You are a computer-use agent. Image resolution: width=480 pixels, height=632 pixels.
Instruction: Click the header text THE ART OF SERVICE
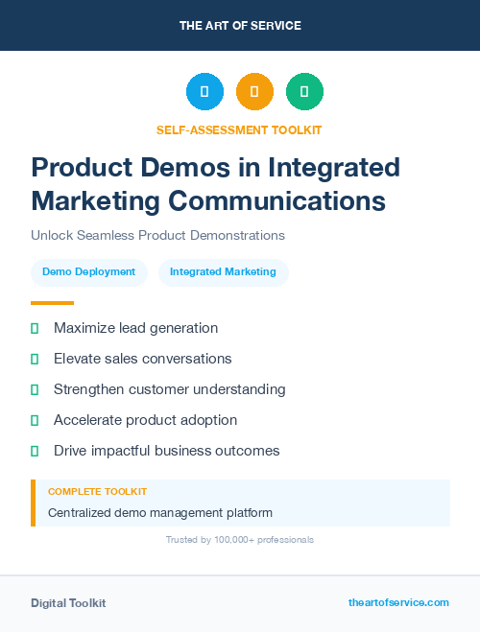click(240, 26)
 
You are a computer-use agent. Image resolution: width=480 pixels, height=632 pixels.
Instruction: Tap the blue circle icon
click(204, 92)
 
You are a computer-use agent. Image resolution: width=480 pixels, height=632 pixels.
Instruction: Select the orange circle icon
click(254, 92)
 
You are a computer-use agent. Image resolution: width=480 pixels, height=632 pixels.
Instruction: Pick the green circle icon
click(304, 92)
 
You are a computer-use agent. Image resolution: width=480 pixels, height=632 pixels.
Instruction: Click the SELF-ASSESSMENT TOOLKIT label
click(239, 129)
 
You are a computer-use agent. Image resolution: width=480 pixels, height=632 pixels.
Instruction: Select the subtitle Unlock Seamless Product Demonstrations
click(157, 235)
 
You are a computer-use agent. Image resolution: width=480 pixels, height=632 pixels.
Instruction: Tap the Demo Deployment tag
click(89, 272)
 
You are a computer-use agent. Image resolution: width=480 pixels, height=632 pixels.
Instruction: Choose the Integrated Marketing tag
click(223, 272)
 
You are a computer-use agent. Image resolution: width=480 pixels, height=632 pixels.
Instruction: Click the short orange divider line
click(52, 303)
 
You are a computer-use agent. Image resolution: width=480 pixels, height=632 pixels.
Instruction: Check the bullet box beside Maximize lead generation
click(35, 329)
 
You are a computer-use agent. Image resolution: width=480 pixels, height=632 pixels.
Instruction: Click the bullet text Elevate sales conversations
click(142, 359)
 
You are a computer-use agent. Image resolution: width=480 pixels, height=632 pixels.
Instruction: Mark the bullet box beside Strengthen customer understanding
click(35, 390)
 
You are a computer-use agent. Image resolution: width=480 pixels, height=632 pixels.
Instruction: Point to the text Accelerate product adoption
click(145, 420)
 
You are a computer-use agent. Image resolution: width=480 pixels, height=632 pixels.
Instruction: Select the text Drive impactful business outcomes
click(166, 451)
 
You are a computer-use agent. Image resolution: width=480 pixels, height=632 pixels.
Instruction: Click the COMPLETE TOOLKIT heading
click(97, 491)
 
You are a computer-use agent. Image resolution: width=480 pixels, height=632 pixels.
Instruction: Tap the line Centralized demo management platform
click(159, 513)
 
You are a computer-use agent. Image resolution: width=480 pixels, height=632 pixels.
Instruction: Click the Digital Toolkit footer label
click(68, 603)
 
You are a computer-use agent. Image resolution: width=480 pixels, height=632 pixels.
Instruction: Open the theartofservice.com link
click(398, 602)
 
